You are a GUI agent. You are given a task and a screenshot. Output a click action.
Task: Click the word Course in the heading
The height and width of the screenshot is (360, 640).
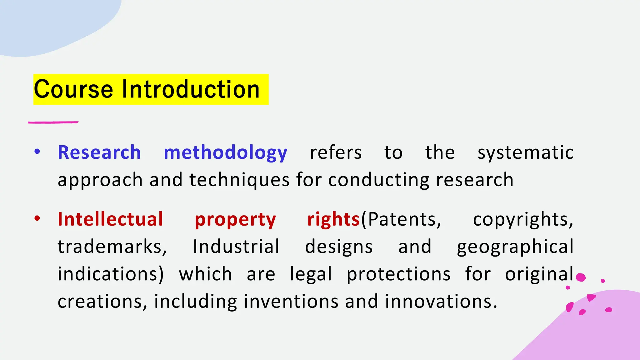73,89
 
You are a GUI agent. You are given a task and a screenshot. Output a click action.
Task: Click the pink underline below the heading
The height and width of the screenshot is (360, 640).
53,122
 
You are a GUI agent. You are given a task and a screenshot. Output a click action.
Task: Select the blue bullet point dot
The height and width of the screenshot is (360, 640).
37,152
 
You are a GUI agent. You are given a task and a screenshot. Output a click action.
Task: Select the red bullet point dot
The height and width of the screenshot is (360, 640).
37,218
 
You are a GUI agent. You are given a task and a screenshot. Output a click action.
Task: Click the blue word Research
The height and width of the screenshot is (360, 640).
99,152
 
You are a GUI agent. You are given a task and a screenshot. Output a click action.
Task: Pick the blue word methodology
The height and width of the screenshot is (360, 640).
225,153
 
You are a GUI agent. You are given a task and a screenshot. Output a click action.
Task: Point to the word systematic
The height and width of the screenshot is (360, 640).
526,153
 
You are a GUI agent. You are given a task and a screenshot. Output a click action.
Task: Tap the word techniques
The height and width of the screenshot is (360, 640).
239,180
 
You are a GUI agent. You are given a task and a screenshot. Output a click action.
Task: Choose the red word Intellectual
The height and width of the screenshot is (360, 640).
110,219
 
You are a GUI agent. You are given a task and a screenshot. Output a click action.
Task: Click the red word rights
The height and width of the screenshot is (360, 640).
333,219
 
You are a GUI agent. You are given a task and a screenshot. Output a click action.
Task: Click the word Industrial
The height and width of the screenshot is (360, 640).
236,247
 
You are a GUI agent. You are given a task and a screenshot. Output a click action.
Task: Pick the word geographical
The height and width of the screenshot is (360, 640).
515,247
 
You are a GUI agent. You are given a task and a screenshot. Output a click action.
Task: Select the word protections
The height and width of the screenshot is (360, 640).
398,275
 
